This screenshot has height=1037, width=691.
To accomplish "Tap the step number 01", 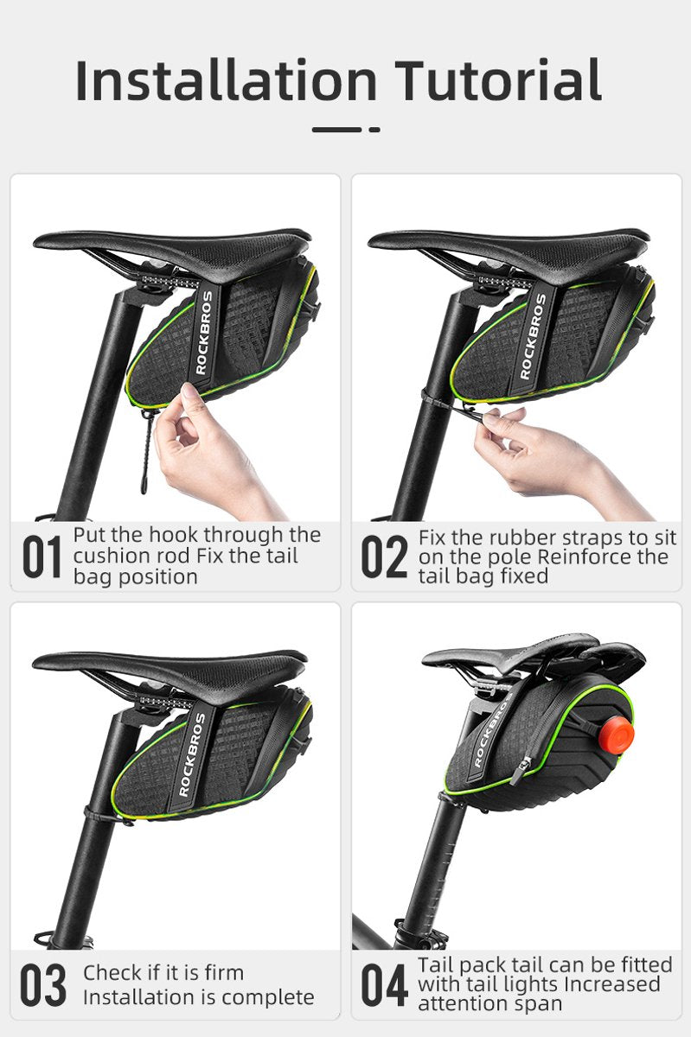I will (x=42, y=557).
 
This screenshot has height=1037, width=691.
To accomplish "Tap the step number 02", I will (x=383, y=557).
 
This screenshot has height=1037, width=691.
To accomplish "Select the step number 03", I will (x=42, y=985).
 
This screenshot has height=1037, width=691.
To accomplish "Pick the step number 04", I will (x=383, y=985).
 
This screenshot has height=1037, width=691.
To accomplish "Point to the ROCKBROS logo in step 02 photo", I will (x=534, y=337).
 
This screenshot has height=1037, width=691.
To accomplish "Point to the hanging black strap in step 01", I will (x=144, y=454).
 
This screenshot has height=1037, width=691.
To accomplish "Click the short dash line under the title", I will (x=346, y=130).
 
